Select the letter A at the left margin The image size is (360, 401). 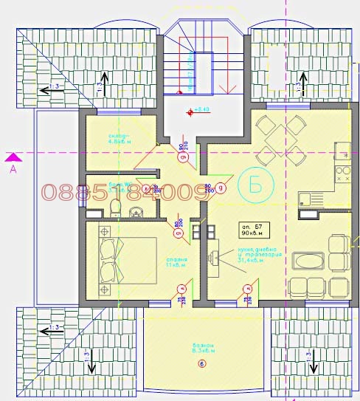(x=13, y=169)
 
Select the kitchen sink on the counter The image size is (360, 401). (x=344, y=151)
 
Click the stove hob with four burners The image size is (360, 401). (x=344, y=175)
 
